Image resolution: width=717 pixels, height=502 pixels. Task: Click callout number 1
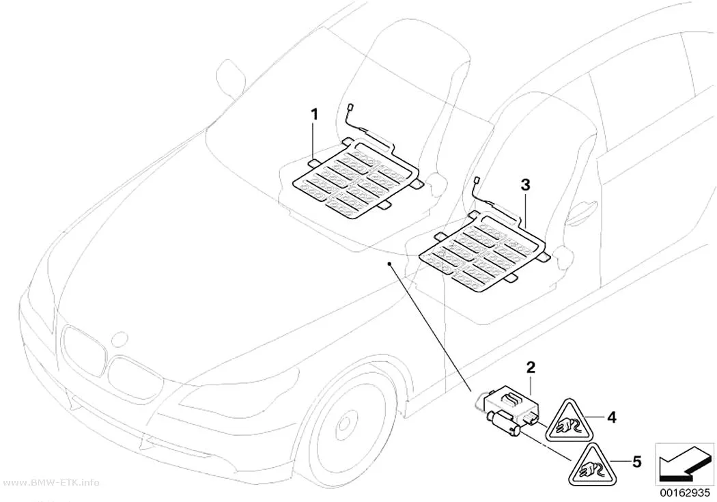coord(314,114)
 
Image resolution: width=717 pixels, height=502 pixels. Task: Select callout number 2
coord(531,367)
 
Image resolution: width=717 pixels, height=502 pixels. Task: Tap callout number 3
coord(525,185)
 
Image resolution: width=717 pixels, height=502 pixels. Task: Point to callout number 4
coord(612,417)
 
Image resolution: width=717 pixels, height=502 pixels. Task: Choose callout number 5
coord(636,462)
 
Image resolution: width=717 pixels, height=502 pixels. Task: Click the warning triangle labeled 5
coord(590,466)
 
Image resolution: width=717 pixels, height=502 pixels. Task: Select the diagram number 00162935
coord(684,493)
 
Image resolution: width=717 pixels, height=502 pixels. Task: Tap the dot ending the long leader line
coord(389,264)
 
